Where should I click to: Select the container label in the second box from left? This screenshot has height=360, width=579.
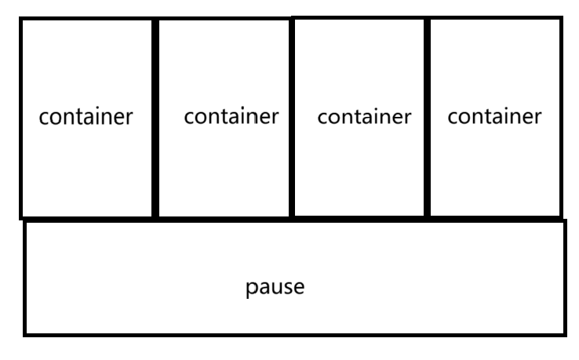(x=231, y=117)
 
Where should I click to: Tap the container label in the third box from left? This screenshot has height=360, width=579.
(x=364, y=117)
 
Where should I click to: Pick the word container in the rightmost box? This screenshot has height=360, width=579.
(x=494, y=117)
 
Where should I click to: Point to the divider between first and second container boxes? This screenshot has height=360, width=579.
(x=155, y=118)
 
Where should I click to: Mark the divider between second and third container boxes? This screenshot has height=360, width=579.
(x=291, y=118)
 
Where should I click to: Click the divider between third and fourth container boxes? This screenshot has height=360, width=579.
(x=428, y=118)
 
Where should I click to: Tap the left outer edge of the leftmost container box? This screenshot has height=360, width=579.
(x=21, y=118)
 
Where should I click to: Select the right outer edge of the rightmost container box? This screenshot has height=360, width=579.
(x=561, y=118)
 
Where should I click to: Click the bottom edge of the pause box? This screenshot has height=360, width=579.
(x=294, y=334)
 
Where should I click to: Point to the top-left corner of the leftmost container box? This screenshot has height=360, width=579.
(x=21, y=19)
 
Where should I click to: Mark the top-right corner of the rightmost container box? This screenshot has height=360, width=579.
(x=561, y=18)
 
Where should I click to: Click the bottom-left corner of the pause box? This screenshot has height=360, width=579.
(x=25, y=334)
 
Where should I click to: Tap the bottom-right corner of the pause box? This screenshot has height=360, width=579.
(x=564, y=334)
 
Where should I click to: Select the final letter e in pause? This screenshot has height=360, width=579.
(x=299, y=287)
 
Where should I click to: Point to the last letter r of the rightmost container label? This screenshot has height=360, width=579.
(x=537, y=118)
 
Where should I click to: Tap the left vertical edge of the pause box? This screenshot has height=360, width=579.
(x=25, y=278)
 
